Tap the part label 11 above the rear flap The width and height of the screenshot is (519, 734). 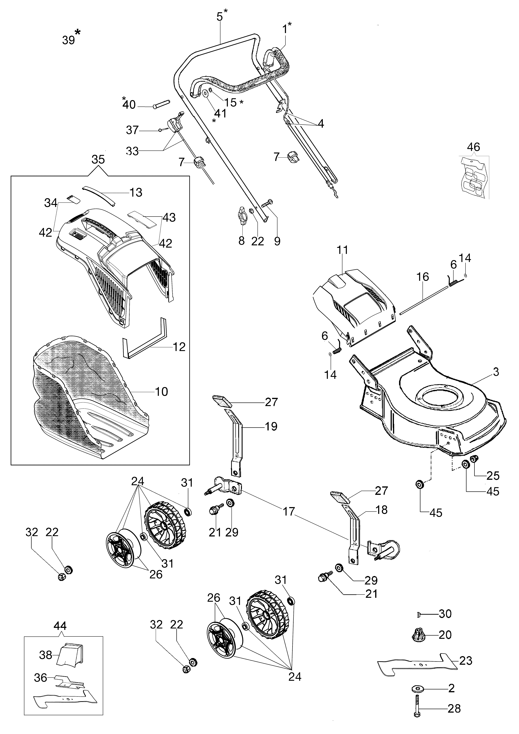pos(342,250)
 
